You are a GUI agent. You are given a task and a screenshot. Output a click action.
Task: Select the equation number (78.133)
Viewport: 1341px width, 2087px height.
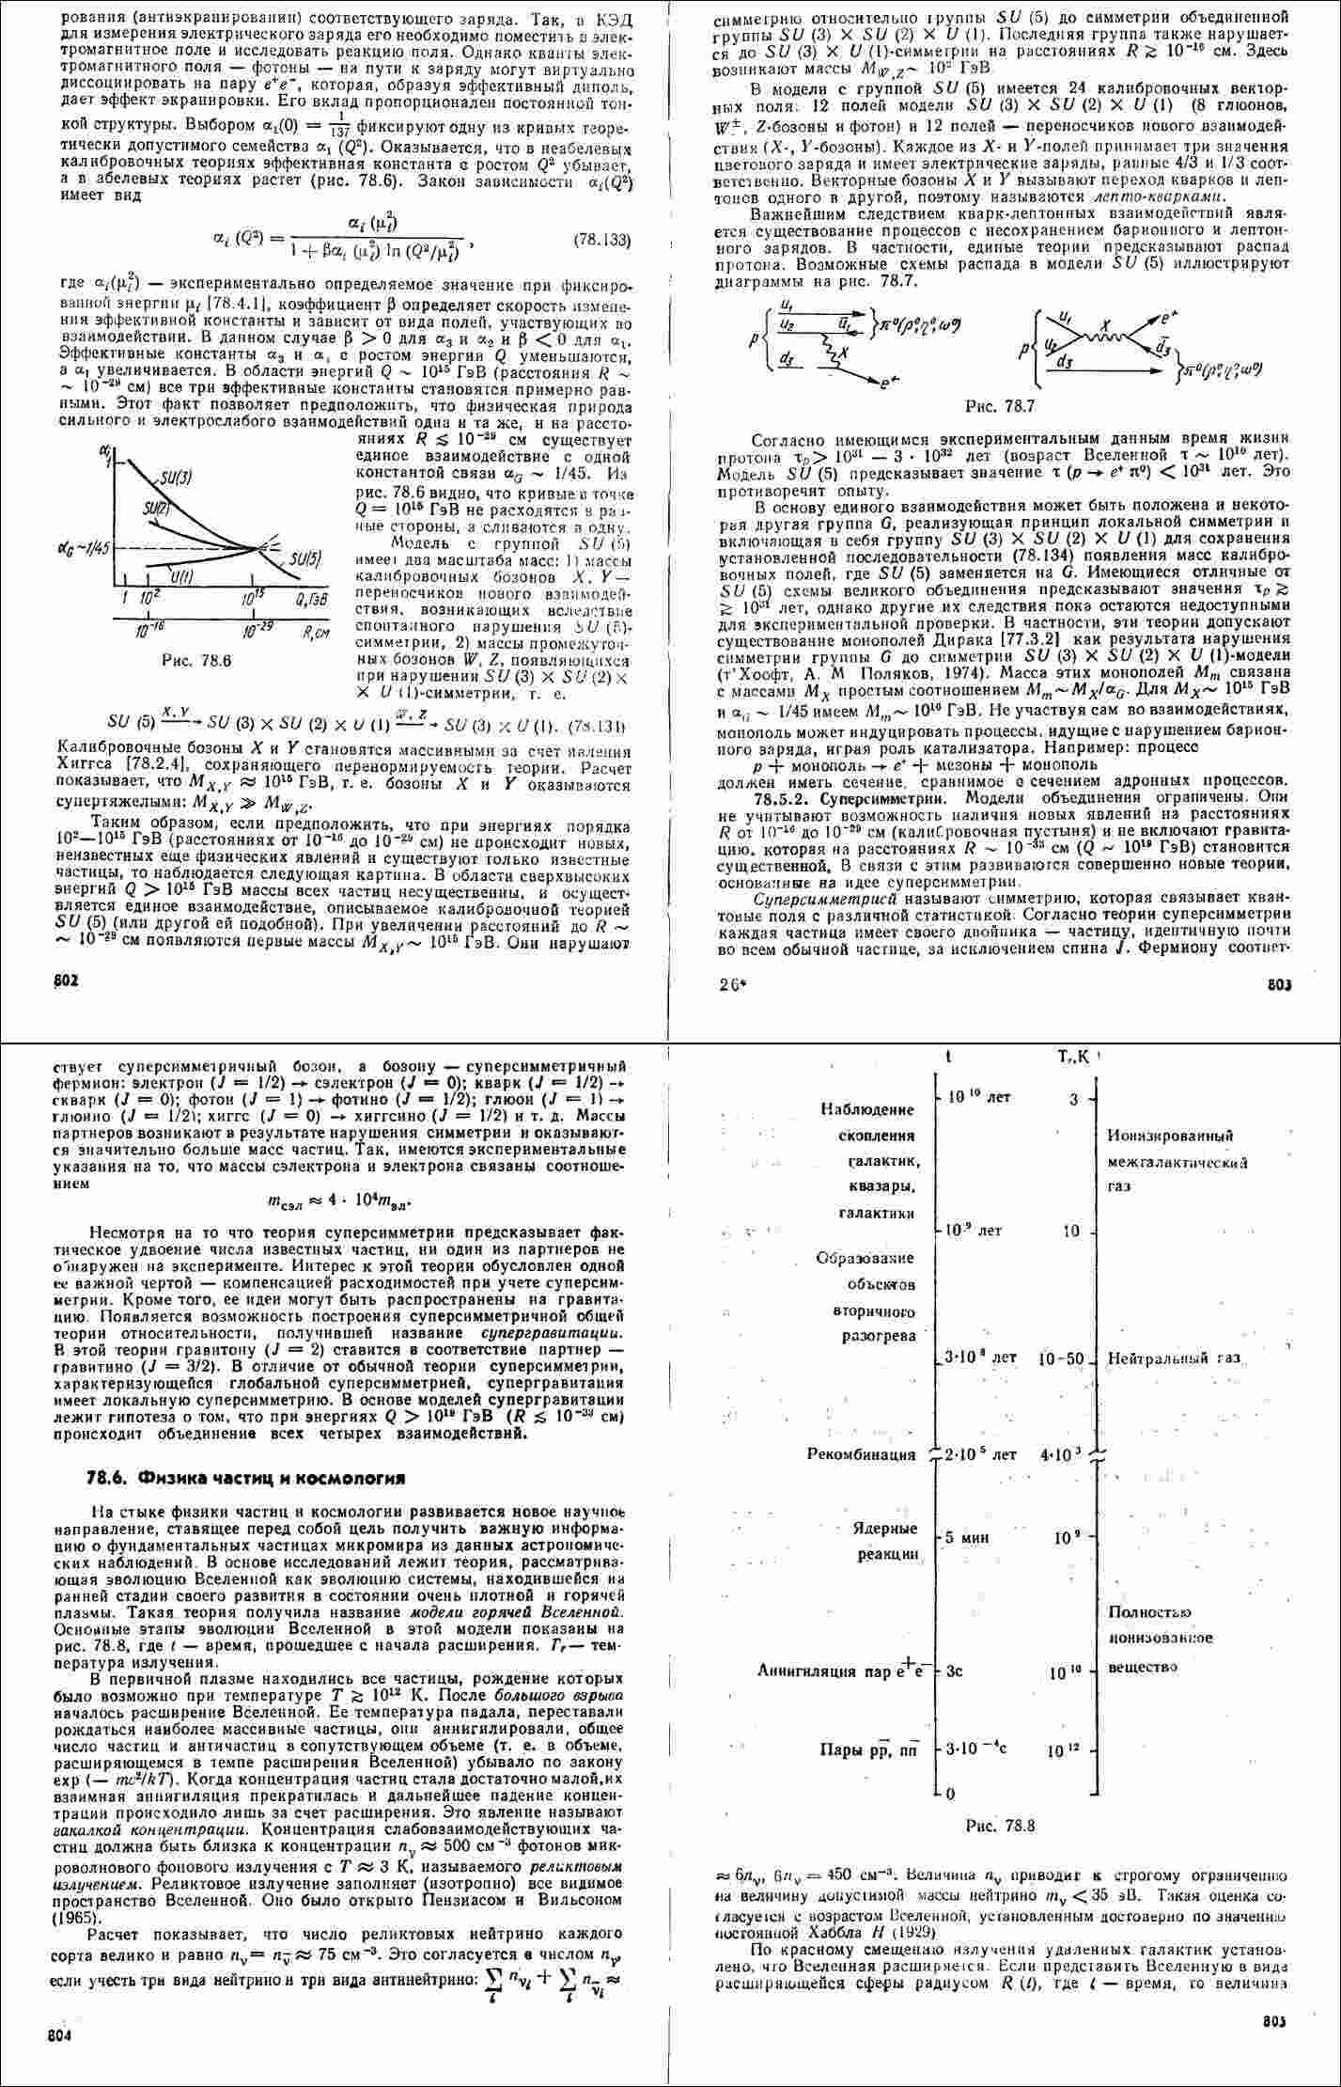point(600,240)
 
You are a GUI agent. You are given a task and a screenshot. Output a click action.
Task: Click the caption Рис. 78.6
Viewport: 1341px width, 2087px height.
point(195,661)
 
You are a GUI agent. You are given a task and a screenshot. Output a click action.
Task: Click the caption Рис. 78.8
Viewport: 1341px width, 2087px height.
point(1000,1826)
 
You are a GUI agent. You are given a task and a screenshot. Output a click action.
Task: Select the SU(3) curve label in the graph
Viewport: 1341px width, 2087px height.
point(176,478)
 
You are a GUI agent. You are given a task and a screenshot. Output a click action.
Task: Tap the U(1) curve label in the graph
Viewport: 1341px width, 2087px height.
point(182,575)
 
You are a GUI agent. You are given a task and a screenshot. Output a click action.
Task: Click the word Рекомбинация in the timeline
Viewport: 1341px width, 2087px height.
point(861,1454)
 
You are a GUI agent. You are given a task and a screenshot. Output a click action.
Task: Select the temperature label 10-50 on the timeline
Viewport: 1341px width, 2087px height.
point(1061,1358)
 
